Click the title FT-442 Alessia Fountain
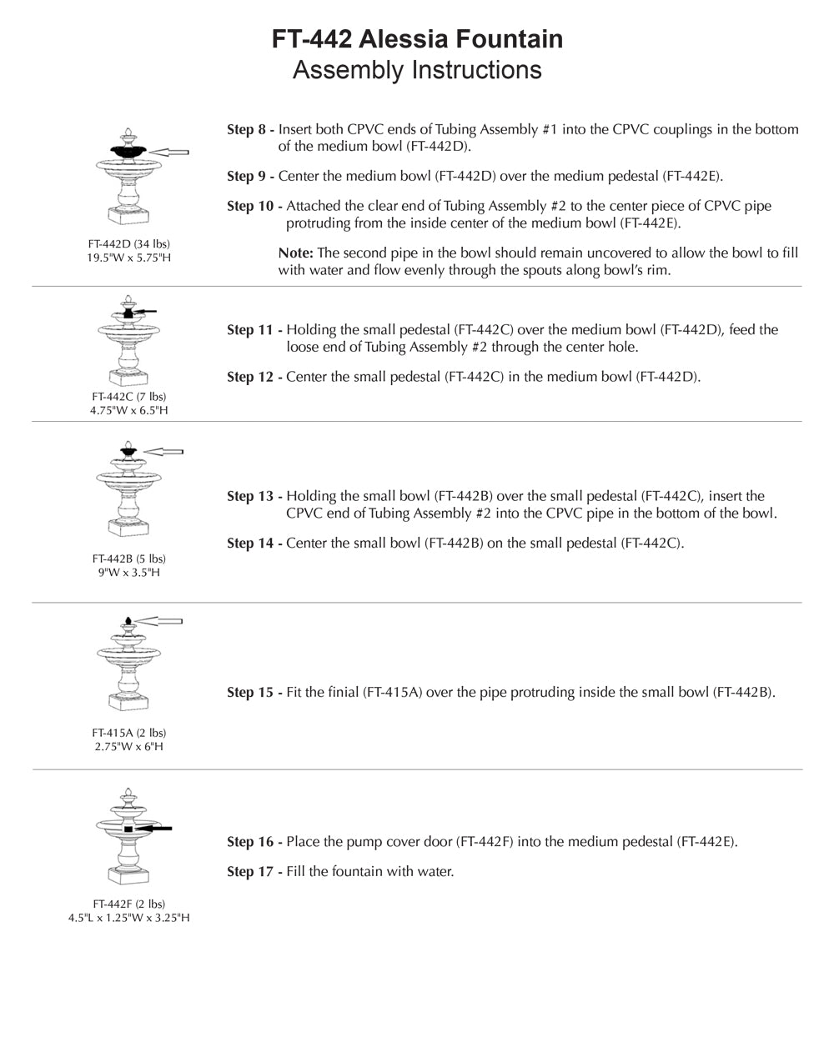tap(417, 39)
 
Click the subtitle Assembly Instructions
tap(417, 70)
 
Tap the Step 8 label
tap(250, 130)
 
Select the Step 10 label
tap(254, 207)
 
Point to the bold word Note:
tap(296, 253)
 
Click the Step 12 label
tap(254, 377)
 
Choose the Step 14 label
tap(254, 544)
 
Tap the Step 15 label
tap(254, 693)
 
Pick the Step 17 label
tap(254, 872)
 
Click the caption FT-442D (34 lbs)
tap(129, 244)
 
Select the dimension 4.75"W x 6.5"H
tap(129, 410)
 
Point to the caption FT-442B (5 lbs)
tap(129, 559)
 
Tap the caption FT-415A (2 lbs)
tap(129, 733)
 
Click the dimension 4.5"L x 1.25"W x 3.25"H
tap(129, 918)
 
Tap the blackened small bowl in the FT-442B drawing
tap(128, 453)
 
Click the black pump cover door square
tap(128, 830)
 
